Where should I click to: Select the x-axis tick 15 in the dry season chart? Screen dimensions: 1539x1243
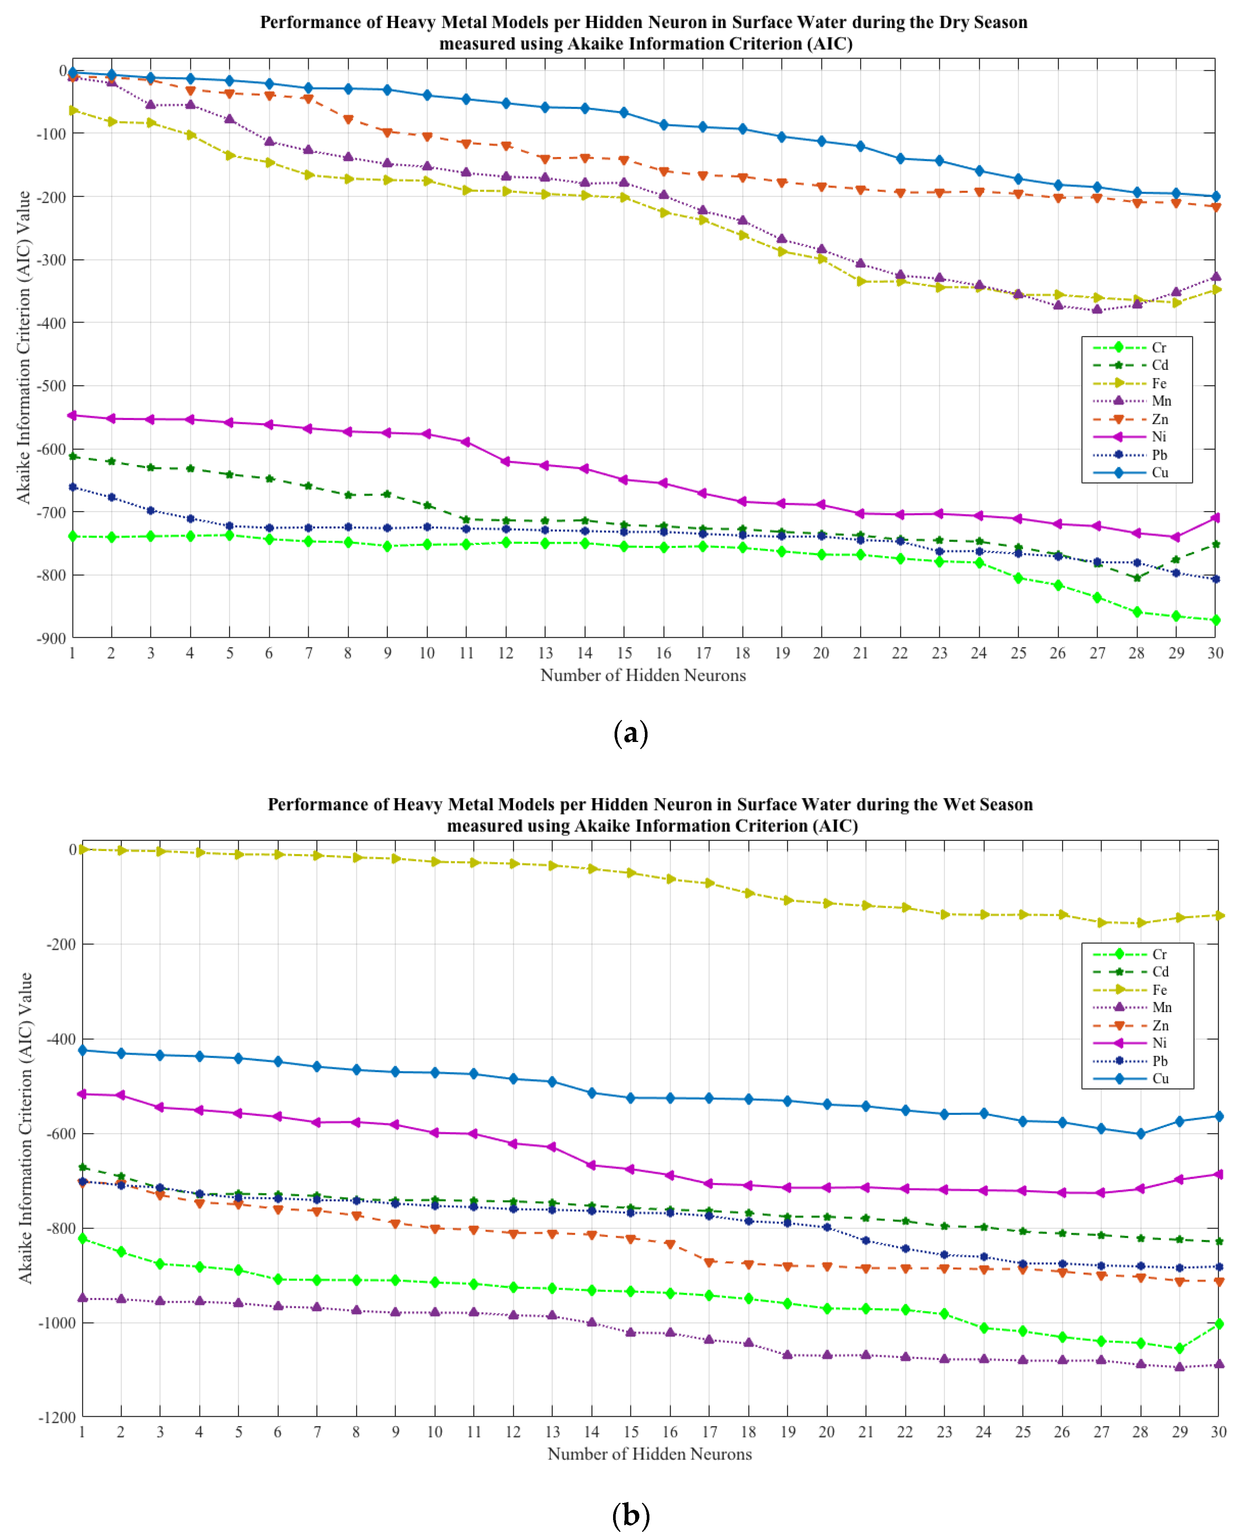[x=624, y=653]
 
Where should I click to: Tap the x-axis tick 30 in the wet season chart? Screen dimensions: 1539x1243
[x=1218, y=1432]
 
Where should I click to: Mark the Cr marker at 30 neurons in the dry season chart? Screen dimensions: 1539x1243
[x=1215, y=620]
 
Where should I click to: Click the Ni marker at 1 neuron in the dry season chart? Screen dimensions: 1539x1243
[x=72, y=415]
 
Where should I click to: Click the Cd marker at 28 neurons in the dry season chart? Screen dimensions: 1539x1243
[x=1136, y=578]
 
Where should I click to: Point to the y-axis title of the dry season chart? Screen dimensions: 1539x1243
[x=24, y=347]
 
